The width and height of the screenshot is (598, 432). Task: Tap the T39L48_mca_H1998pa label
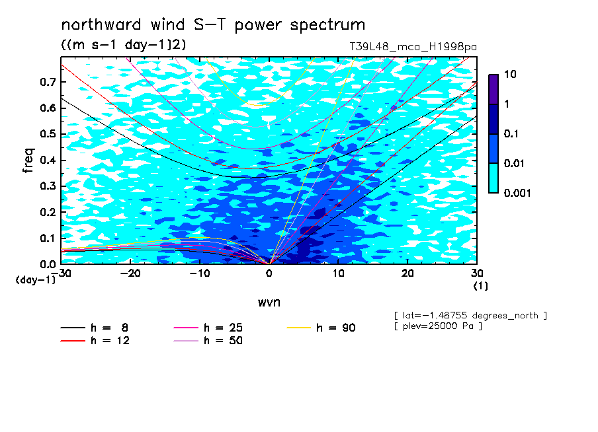[413, 47]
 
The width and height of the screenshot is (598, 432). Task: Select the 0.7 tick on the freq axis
[48, 82]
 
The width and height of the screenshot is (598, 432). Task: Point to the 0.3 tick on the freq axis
[48, 186]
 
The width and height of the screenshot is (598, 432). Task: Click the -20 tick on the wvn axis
[130, 273]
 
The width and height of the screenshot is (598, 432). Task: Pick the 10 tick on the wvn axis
[338, 273]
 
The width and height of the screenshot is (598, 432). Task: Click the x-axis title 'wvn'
[269, 303]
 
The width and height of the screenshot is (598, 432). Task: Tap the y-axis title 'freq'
[28, 161]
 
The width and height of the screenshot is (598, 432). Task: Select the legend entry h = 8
[94, 328]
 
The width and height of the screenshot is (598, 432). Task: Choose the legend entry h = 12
[95, 341]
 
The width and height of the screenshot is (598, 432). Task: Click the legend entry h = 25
[208, 328]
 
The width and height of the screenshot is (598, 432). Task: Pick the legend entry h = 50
[208, 341]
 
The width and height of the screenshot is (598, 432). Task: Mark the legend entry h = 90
[321, 328]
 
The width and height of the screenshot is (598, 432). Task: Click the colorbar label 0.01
[515, 163]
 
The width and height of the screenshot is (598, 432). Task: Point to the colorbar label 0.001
[517, 193]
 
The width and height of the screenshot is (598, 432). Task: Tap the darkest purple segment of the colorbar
[493, 89]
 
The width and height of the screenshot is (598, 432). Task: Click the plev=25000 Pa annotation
[439, 326]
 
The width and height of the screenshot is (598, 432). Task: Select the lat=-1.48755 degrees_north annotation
[470, 316]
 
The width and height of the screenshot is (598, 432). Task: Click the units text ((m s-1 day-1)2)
[124, 44]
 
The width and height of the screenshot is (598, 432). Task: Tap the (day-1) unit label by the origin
[36, 280]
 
